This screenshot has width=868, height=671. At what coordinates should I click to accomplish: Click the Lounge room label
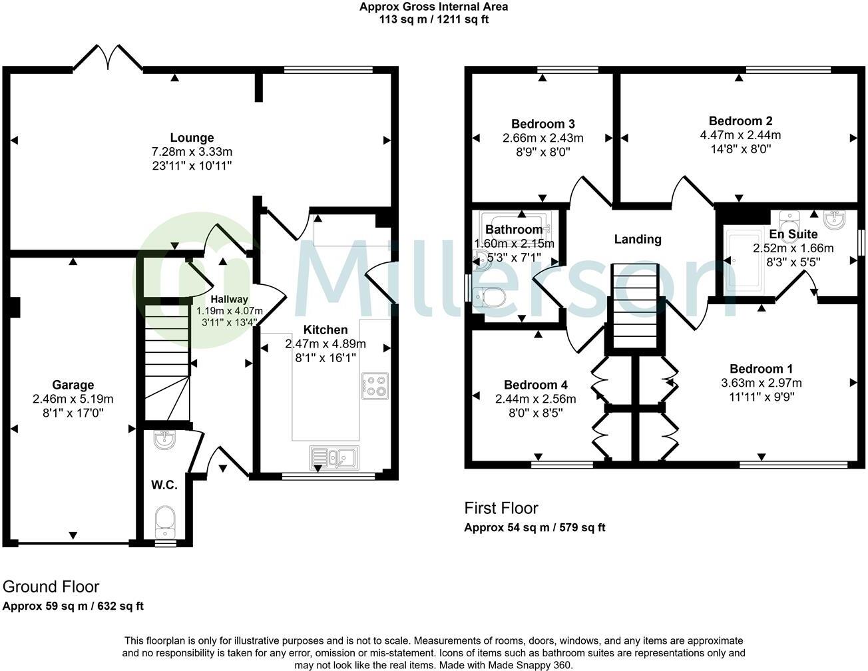click(x=192, y=138)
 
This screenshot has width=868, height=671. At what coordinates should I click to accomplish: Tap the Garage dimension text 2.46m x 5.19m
click(x=73, y=399)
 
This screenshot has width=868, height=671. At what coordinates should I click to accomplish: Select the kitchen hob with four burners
click(x=375, y=386)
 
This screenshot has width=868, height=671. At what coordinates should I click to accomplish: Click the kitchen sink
click(x=334, y=458)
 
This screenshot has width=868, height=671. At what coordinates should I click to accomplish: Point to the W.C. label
click(x=164, y=485)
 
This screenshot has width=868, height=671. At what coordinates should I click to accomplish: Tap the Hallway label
click(x=229, y=299)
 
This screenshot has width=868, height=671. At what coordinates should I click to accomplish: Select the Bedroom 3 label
click(x=543, y=124)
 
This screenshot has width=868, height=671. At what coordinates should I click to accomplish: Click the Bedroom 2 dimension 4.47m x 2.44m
click(x=740, y=135)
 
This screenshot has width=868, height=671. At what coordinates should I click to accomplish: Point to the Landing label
click(x=638, y=239)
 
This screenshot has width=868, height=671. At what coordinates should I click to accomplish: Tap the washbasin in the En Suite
click(x=835, y=220)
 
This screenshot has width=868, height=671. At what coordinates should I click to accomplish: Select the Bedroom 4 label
click(x=536, y=385)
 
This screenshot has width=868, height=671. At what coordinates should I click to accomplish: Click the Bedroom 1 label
click(x=761, y=369)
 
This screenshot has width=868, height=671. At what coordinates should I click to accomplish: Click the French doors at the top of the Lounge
click(x=107, y=58)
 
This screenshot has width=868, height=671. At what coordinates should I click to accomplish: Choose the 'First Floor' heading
click(x=501, y=509)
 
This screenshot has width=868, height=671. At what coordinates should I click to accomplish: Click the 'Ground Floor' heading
click(x=51, y=587)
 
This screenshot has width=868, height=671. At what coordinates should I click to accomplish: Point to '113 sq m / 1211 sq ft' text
click(x=434, y=19)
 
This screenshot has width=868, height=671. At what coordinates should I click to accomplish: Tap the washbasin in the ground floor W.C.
click(x=164, y=441)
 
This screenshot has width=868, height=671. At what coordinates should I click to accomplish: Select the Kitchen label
click(x=325, y=330)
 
